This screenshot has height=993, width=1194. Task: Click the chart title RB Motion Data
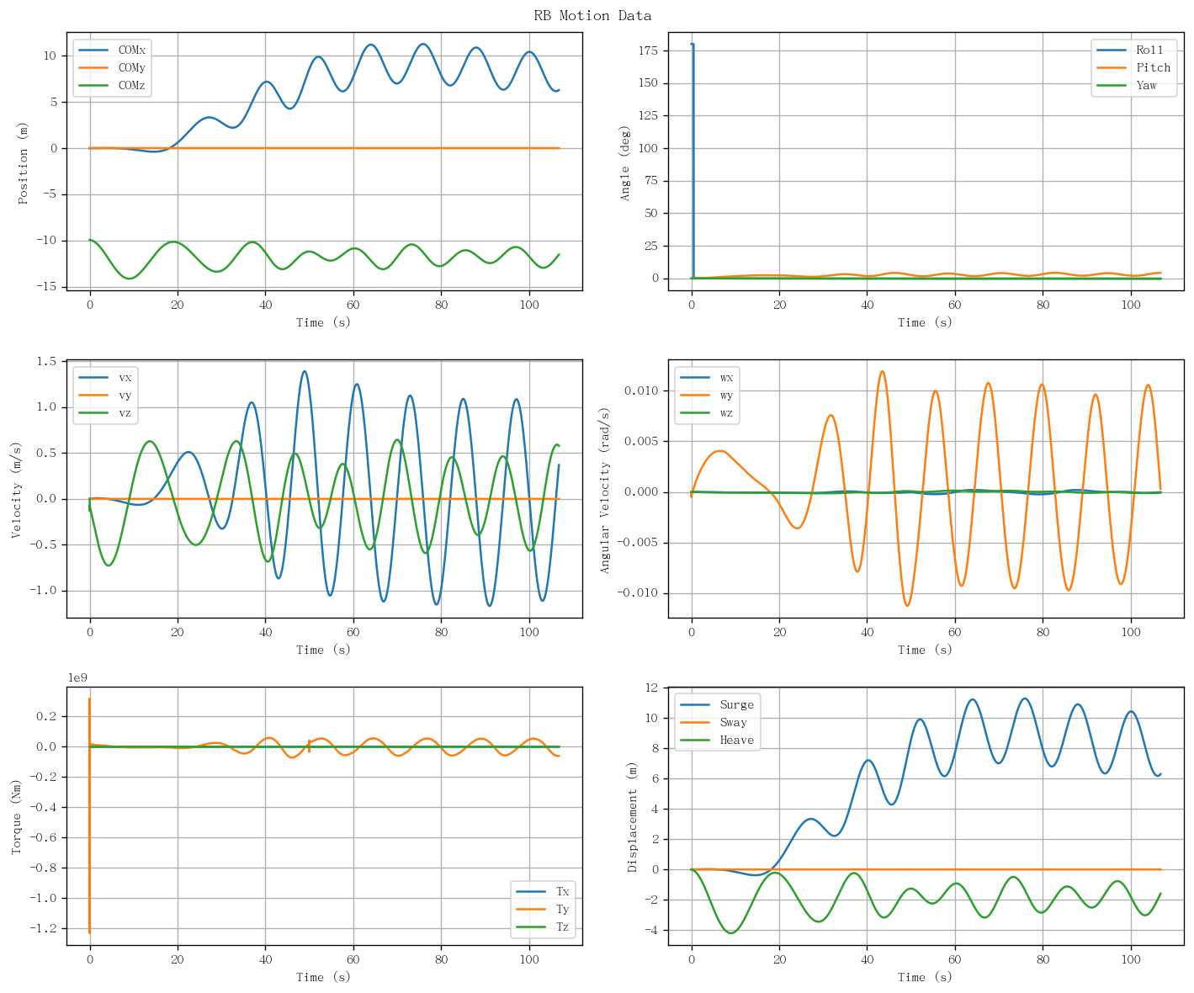tap(592, 15)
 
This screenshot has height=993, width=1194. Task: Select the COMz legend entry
tap(112, 85)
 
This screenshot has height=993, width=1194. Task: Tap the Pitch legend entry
tap(1133, 67)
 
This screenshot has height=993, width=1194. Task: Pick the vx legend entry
tap(105, 378)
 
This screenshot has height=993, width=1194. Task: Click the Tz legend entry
tap(543, 927)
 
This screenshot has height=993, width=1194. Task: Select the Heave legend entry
tap(717, 741)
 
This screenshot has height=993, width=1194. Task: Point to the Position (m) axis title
tap(23, 163)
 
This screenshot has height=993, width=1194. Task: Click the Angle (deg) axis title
tap(624, 163)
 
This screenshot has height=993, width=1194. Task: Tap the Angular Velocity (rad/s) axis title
tap(604, 491)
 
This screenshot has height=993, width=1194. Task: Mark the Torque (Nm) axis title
tap(16, 817)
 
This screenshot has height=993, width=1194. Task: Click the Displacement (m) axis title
tap(631, 817)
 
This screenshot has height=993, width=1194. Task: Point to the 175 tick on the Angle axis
tap(649, 50)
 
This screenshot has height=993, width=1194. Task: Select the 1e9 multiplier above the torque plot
tap(77, 677)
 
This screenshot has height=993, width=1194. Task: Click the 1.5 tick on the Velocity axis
tap(47, 362)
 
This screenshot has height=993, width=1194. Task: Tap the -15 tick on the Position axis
tap(47, 287)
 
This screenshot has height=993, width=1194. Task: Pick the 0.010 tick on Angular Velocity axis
tap(642, 390)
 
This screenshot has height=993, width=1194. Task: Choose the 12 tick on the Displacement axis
tap(652, 688)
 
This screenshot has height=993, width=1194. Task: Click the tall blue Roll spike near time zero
tap(693, 161)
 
